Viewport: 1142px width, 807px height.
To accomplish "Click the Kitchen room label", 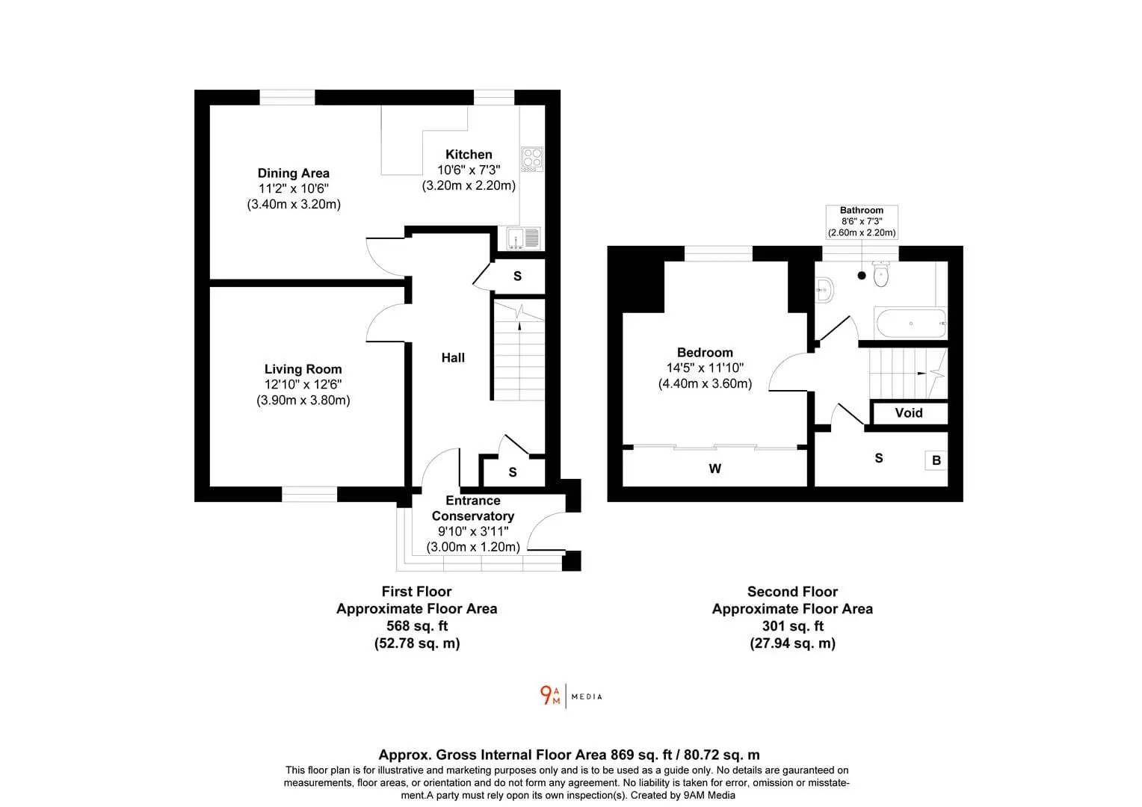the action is click(469, 155).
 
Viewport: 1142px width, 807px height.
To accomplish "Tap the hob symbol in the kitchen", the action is click(531, 159).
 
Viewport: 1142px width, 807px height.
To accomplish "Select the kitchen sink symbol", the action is click(523, 238).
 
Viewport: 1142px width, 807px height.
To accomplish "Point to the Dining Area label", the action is click(293, 173).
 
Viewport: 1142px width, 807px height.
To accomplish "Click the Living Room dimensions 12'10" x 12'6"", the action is click(303, 385).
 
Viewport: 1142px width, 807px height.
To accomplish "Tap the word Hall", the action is click(453, 358).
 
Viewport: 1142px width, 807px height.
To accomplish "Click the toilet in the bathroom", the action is click(881, 273).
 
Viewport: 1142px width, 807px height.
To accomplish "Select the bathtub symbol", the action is click(910, 324).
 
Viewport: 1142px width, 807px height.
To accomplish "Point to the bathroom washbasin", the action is click(824, 290).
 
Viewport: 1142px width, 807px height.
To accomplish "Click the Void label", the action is click(909, 413).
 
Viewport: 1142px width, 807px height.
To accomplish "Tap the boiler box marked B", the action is click(936, 460).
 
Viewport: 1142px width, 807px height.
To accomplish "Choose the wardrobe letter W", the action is click(714, 469).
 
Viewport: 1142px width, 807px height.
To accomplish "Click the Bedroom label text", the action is click(705, 353).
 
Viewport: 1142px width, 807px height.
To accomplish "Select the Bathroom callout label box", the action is click(862, 222).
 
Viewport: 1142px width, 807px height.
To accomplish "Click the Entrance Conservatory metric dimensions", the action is click(473, 547).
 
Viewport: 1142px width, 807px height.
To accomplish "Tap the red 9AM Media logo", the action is click(550, 696).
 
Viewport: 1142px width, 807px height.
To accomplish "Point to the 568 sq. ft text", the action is click(417, 626).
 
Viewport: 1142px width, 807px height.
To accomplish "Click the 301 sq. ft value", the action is click(792, 626).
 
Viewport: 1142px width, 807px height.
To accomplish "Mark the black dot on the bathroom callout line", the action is click(862, 276).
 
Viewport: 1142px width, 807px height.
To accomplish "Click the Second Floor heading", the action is click(792, 592).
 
